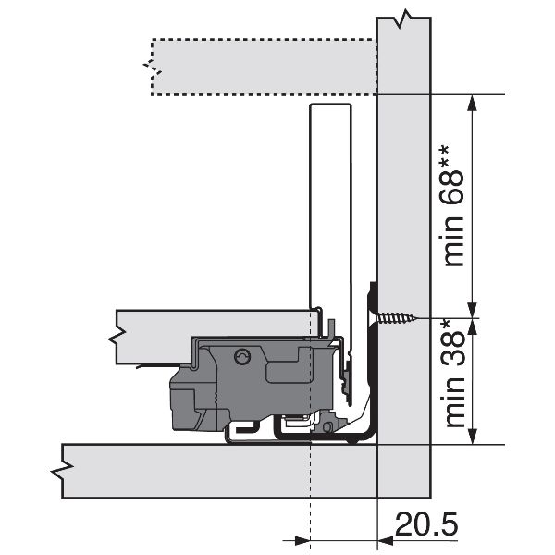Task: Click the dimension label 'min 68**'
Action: point(453,206)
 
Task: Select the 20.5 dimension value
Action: point(426,524)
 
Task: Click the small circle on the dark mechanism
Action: point(242,356)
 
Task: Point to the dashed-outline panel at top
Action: point(264,67)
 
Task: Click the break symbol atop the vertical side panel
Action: point(404,18)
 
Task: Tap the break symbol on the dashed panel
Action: point(153,69)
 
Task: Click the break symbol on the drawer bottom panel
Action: point(117,338)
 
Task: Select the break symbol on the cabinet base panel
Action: point(62,471)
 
